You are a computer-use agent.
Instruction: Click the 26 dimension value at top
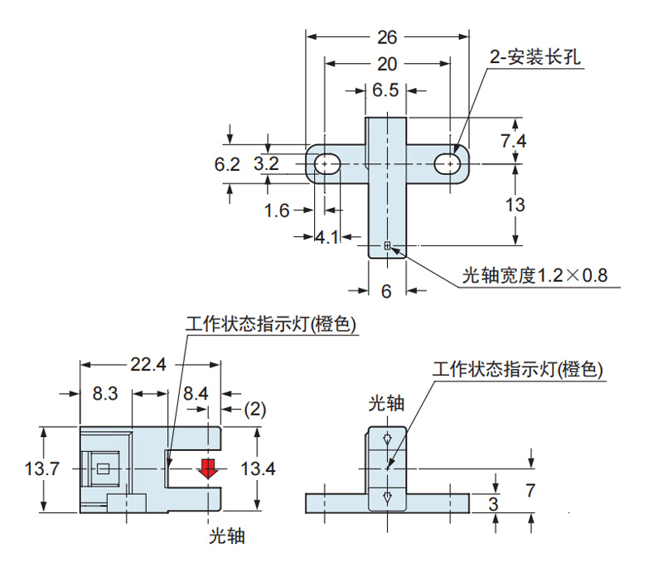point(386,36)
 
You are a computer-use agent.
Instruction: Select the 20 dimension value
point(386,64)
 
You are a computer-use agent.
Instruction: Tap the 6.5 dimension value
point(385,90)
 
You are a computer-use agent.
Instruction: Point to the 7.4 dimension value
point(513,141)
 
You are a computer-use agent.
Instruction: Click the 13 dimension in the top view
point(515,205)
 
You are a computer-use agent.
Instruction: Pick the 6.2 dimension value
point(227,164)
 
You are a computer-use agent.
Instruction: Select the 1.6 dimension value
point(277,211)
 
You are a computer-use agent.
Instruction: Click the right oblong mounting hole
point(449,163)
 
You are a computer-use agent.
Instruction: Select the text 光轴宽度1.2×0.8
point(535,275)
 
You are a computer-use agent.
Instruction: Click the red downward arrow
point(207,468)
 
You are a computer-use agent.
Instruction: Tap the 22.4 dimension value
point(148,364)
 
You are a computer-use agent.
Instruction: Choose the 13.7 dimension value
point(41,469)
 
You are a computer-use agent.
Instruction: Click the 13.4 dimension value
point(257,469)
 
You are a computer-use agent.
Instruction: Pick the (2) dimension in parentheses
point(255,409)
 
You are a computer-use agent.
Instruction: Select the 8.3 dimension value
point(104,394)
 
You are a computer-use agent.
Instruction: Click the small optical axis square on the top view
point(387,245)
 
